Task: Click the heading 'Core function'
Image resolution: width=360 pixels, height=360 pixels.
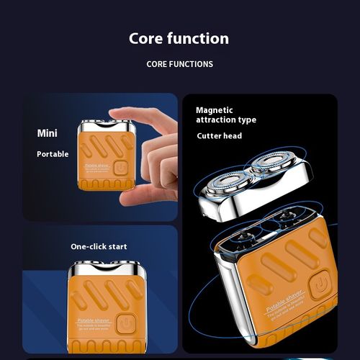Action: pos(179,39)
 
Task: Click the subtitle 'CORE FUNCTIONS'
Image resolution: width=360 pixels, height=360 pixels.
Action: pos(179,64)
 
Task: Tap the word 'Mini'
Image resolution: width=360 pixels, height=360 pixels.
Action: pos(48,133)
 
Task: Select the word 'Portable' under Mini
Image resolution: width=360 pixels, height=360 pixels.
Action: pos(53,154)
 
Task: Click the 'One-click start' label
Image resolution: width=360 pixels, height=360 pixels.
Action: pos(99,246)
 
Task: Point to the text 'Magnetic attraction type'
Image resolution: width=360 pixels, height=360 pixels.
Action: pos(225,115)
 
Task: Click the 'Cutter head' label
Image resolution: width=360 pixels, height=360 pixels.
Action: pos(219,136)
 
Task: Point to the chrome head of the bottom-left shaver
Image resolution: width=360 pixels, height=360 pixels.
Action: pos(100,272)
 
